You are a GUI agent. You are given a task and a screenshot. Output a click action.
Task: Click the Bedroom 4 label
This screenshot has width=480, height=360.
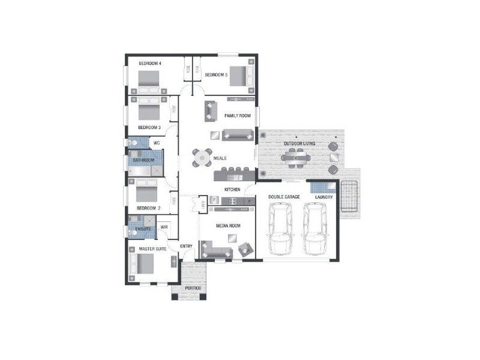(149, 63)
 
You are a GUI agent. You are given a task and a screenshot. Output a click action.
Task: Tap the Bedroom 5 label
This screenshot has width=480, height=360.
(216, 75)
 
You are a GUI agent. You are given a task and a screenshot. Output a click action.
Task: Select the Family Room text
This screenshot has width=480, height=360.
(237, 115)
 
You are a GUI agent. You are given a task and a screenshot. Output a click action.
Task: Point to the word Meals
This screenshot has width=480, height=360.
(220, 158)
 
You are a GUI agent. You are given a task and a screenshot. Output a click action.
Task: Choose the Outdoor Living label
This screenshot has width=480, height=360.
(298, 145)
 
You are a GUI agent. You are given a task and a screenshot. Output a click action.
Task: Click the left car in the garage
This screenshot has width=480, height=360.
(280, 229)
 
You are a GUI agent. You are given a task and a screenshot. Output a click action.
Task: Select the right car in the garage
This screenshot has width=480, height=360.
(314, 229)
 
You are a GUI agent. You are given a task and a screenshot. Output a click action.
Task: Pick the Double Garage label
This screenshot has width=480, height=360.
(283, 197)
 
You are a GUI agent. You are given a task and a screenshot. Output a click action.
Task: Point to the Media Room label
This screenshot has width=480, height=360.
(228, 226)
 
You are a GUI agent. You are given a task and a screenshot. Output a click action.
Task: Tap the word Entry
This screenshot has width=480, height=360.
(186, 246)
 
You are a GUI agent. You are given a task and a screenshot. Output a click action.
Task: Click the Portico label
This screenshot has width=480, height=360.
(193, 289)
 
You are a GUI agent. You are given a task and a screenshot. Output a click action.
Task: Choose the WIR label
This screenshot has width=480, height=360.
(164, 226)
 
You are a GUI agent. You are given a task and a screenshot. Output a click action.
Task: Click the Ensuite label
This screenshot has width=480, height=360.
(143, 229)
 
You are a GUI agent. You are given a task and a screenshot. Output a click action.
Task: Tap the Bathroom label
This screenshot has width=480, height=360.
(143, 160)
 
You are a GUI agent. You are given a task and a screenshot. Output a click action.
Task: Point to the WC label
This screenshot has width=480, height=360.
(156, 143)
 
